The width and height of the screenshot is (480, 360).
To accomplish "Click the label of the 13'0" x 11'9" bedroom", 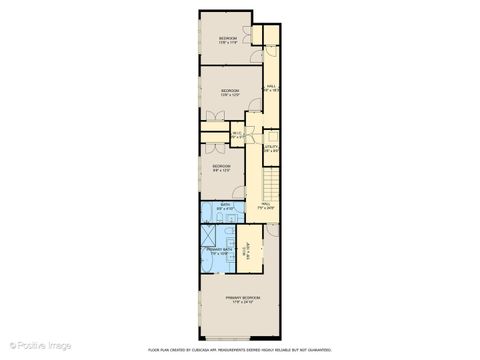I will point(228,40).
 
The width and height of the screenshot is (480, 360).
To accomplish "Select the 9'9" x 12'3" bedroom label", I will point(221,168).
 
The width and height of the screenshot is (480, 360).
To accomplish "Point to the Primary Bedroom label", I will point(242,299).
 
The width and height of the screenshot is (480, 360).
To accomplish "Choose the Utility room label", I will point(271,148).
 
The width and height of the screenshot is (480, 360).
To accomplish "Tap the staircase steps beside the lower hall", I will point(270,185).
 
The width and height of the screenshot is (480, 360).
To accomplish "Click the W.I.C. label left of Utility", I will point(237,135).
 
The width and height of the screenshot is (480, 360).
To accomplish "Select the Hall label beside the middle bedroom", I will point(271,89).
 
